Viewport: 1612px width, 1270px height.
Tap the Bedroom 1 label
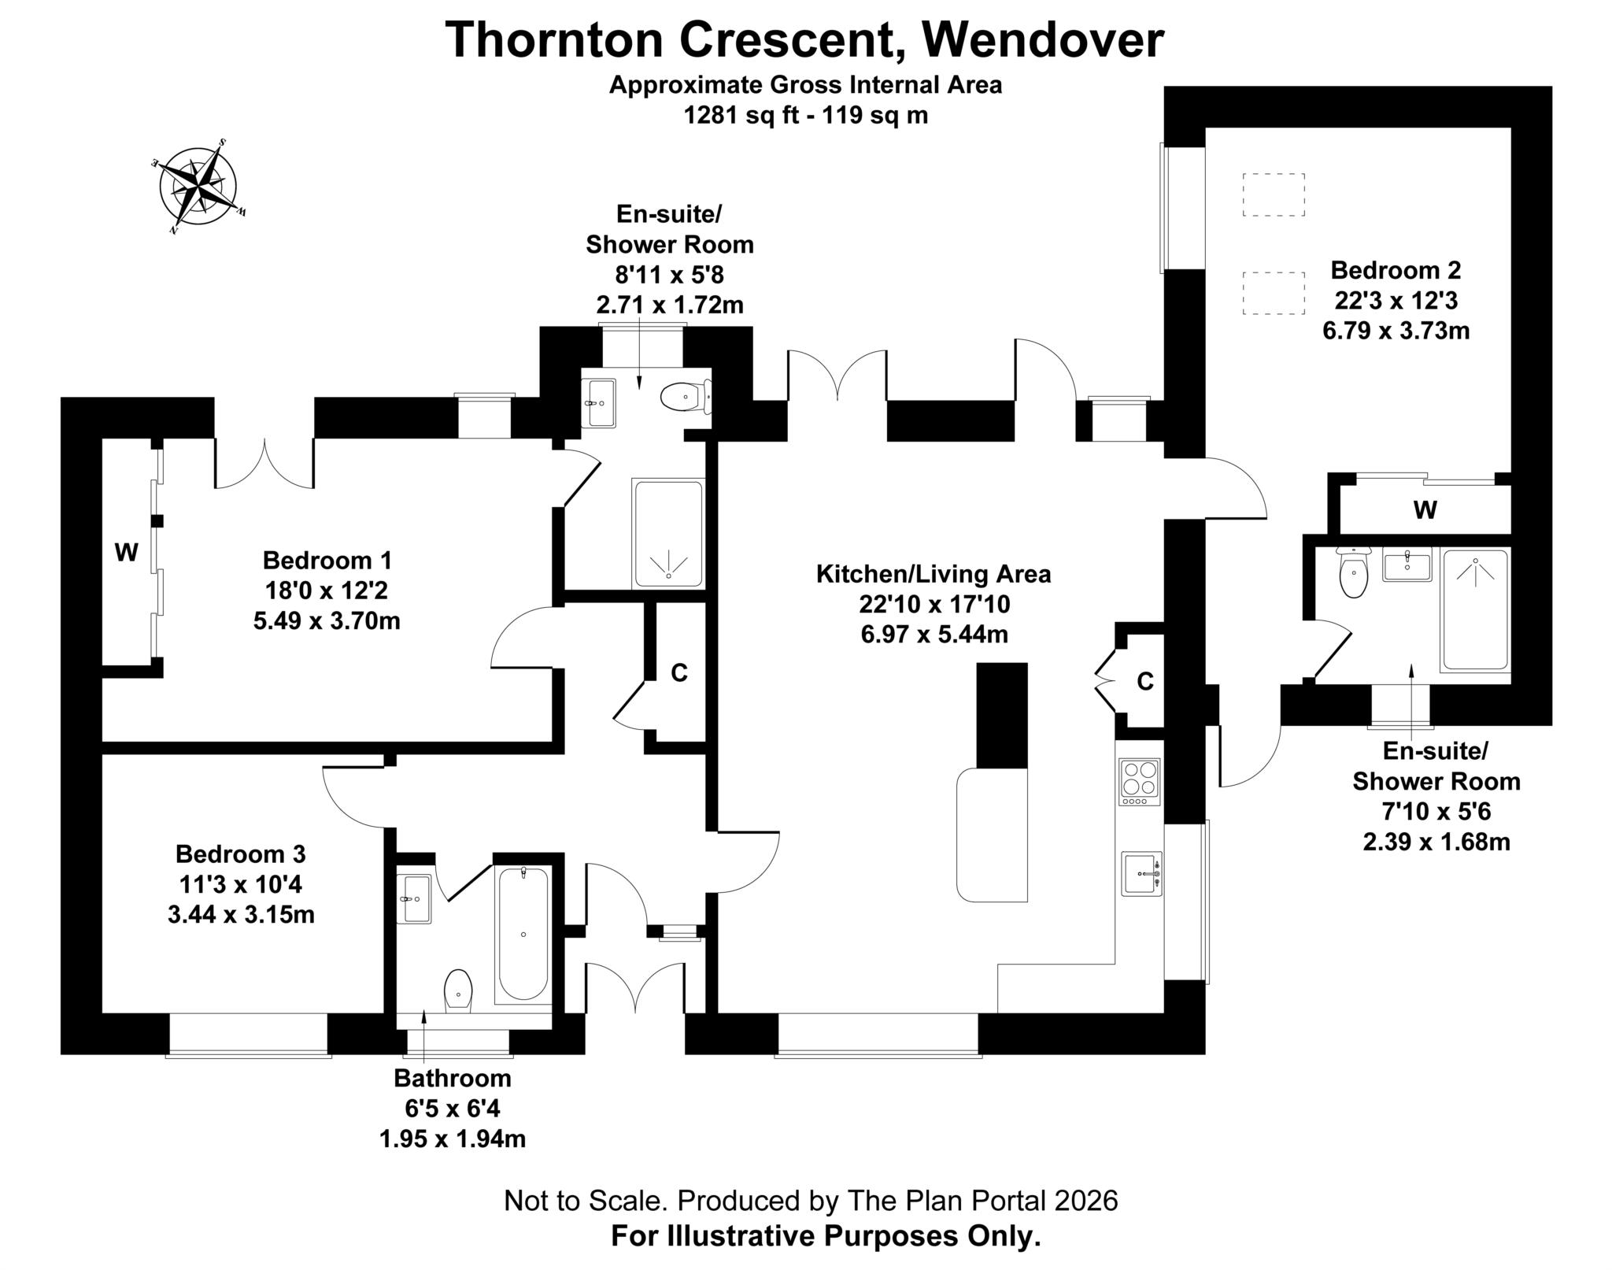[x=327, y=561]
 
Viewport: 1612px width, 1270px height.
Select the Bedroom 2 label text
[x=1395, y=270]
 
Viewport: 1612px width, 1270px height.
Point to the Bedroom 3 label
[x=240, y=853]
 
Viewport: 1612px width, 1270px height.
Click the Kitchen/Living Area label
[x=933, y=574]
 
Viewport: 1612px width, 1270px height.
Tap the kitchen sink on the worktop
[x=1141, y=874]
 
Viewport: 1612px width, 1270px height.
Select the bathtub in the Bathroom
[x=523, y=934]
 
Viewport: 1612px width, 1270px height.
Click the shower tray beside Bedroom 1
[x=667, y=534]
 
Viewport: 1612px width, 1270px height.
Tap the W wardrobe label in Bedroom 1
[x=126, y=553]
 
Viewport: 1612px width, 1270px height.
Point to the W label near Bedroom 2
[x=1425, y=510]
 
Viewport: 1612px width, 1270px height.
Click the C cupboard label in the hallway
[x=678, y=673]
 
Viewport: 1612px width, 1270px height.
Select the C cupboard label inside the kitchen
[x=1144, y=682]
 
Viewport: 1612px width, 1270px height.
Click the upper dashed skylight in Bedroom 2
[x=1273, y=194]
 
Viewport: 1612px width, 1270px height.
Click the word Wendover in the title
[x=1042, y=40]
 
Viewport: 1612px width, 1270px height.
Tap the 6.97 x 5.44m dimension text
[x=934, y=634]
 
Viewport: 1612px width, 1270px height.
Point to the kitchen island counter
[x=992, y=835]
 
